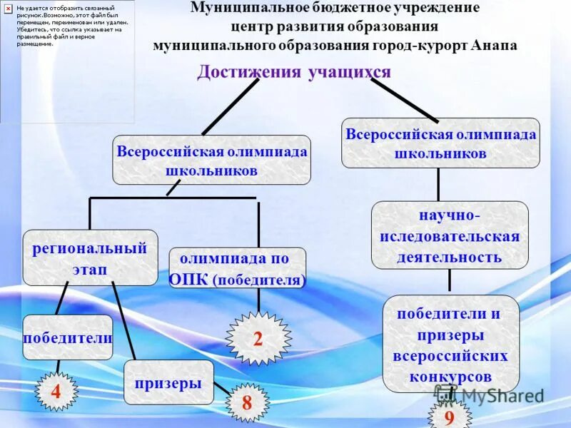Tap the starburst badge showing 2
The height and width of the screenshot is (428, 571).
coord(258,339)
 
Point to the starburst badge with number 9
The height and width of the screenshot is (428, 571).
coord(449,417)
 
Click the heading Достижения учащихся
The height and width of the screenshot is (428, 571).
coord(294,72)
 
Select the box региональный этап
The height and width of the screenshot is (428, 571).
coord(90,258)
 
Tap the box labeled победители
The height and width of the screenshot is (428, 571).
coord(68,337)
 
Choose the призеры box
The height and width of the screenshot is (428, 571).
coord(168,383)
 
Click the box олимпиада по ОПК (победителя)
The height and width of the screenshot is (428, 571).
coord(238,268)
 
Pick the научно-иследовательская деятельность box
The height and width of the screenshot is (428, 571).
coord(450,235)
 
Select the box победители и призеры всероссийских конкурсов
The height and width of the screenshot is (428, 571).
coord(450,344)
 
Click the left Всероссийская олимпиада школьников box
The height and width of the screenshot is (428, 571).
coord(211,160)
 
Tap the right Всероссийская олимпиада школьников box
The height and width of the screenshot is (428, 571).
coord(440,143)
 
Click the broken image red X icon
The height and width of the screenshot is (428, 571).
coord(8,8)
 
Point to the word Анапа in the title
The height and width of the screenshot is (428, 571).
coord(494,45)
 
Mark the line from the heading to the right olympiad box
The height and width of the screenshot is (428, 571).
coord(403,100)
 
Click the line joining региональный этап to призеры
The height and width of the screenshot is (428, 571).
coord(124,320)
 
